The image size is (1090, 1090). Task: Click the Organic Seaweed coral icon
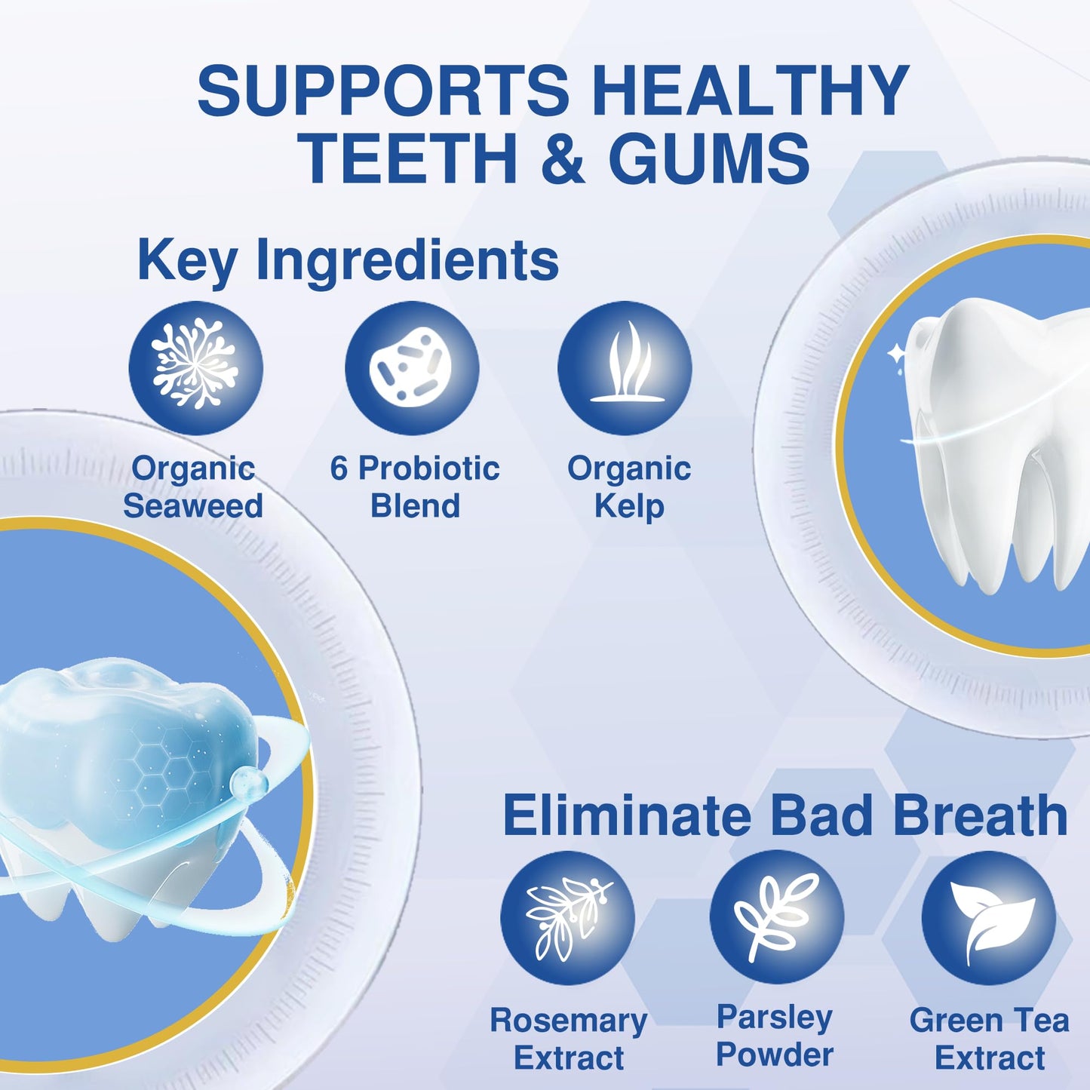tap(195, 367)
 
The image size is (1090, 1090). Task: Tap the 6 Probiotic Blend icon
tap(412, 367)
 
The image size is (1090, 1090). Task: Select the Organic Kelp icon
tap(625, 367)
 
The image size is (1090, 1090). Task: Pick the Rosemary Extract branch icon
tap(567, 917)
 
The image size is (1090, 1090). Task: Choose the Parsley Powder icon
tap(776, 917)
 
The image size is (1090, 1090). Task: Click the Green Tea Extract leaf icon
tap(988, 917)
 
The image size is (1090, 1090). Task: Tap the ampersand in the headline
tap(563, 158)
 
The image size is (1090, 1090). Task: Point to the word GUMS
tap(709, 158)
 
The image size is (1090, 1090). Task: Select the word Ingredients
tap(407, 260)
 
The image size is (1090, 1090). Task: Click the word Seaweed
tap(193, 505)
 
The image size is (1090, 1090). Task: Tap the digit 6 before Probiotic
tap(339, 468)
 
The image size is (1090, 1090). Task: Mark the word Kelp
tap(629, 507)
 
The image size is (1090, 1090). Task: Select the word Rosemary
tap(569, 1021)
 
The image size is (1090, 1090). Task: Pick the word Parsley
tap(775, 1018)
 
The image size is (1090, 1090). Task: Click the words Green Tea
tap(989, 1021)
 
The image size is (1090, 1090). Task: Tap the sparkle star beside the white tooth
tap(897, 353)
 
